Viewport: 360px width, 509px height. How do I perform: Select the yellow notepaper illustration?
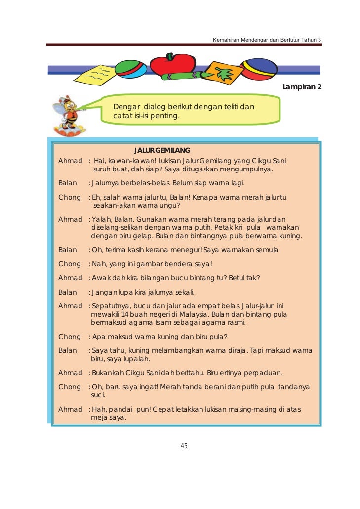(96, 75)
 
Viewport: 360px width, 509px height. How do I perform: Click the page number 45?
(184, 446)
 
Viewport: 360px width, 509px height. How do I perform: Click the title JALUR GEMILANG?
(162, 150)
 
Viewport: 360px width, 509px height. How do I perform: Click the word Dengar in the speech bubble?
(125, 106)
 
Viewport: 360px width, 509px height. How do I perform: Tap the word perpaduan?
(264, 373)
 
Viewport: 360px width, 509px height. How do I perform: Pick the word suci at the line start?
(97, 396)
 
